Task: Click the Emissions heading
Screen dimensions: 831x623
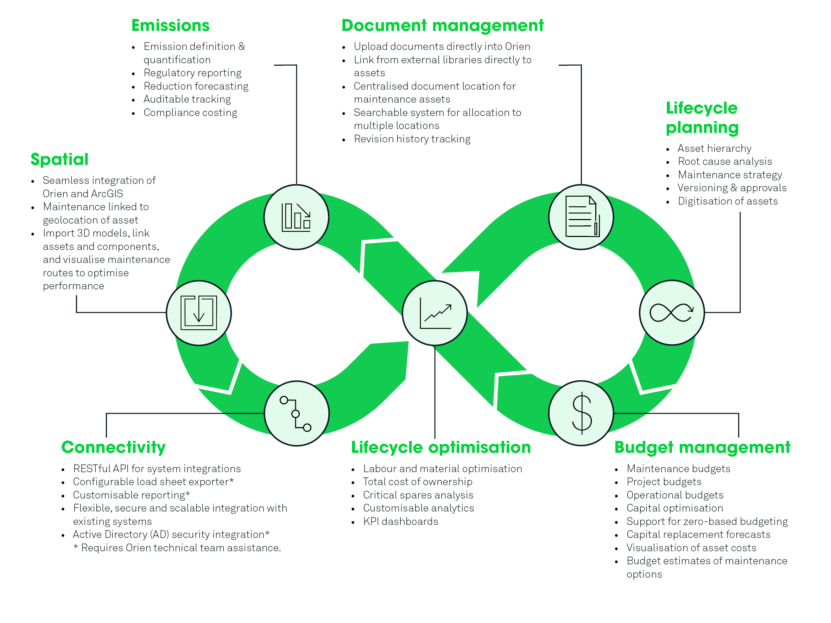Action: point(170,26)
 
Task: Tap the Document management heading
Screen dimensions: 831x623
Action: point(443,26)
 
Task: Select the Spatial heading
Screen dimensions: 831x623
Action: point(59,159)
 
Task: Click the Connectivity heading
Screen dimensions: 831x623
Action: point(113,447)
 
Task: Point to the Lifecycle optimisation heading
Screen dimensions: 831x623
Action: point(441,447)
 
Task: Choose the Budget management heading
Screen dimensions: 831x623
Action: point(702,447)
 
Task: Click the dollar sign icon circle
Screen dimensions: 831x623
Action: point(581,413)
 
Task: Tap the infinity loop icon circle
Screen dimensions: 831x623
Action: point(672,313)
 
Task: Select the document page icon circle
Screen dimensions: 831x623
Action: point(581,217)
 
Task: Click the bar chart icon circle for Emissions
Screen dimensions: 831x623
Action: point(297,217)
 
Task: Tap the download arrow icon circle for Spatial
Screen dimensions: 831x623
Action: point(199,313)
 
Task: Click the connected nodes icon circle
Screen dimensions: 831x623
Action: point(297,413)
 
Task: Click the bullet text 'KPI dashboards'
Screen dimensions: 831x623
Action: point(400,521)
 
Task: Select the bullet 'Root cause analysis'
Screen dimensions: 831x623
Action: point(725,161)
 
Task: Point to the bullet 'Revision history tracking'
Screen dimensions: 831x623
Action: point(412,139)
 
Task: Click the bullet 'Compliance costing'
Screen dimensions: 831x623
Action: point(190,113)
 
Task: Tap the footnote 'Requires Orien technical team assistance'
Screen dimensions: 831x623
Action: point(177,548)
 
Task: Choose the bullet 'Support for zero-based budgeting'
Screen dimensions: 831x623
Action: point(707,522)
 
